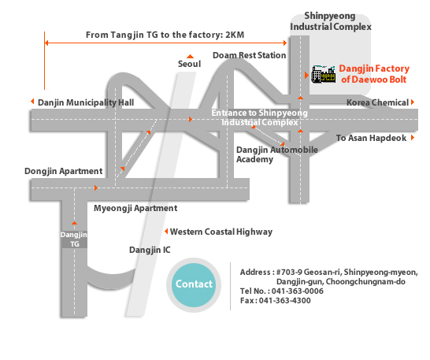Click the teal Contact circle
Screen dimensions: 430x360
(x=194, y=285)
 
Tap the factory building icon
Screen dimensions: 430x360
(x=324, y=74)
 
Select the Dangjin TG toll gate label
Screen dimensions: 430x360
(x=74, y=239)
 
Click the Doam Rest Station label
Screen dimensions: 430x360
(x=250, y=55)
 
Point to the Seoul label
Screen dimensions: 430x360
(x=189, y=64)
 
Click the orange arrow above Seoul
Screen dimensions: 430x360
(x=190, y=57)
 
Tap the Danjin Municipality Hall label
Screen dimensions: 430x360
(x=86, y=102)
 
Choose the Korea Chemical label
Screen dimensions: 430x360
(x=377, y=102)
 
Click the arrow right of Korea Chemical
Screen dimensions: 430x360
(x=413, y=102)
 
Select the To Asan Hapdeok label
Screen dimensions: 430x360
(x=371, y=138)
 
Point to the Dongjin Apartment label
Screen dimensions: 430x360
(x=63, y=171)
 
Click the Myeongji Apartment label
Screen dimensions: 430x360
(x=135, y=208)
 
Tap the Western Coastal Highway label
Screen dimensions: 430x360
(x=221, y=232)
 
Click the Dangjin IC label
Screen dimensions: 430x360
(x=150, y=251)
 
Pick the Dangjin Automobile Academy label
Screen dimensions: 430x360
(x=277, y=154)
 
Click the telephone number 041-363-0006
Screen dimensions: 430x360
(x=298, y=291)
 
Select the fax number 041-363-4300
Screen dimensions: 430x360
(x=284, y=301)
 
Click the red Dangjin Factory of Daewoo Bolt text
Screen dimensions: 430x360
(x=374, y=74)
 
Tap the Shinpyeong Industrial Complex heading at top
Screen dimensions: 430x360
(x=331, y=21)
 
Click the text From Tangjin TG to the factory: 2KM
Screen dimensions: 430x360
(x=165, y=35)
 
